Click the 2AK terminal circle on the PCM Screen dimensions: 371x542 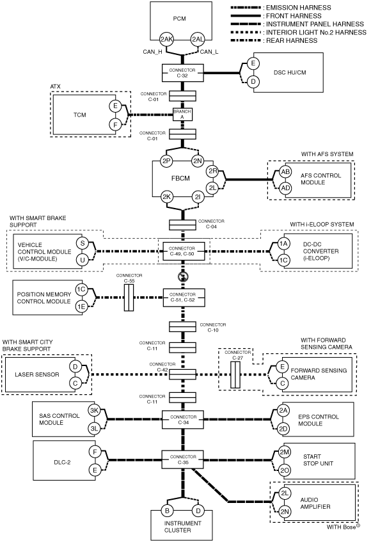click(x=166, y=40)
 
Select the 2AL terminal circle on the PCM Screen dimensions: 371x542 click(x=198, y=40)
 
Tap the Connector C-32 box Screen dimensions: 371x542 click(x=182, y=73)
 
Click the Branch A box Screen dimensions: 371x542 click(x=182, y=115)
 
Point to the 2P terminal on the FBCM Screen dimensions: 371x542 click(x=166, y=161)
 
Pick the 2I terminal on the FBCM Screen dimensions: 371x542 click(x=198, y=197)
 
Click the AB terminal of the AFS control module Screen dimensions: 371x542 click(x=285, y=171)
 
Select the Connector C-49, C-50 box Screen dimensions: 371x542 click(x=182, y=251)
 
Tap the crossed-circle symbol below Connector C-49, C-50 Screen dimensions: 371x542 click(x=182, y=276)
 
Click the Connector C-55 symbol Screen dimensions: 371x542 click(x=129, y=298)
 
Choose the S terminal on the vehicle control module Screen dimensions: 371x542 click(x=83, y=243)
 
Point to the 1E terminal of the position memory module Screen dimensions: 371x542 click(x=81, y=307)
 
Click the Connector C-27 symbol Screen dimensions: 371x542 click(x=235, y=375)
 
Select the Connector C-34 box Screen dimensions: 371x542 click(x=184, y=419)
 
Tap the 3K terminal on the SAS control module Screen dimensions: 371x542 click(x=94, y=411)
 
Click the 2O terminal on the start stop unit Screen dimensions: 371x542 click(x=285, y=470)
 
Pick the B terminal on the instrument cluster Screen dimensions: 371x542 click(x=167, y=511)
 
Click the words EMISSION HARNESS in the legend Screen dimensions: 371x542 click(x=299, y=8)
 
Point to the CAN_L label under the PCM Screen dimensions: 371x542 click(x=209, y=52)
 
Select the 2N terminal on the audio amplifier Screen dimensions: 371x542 click(x=285, y=511)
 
